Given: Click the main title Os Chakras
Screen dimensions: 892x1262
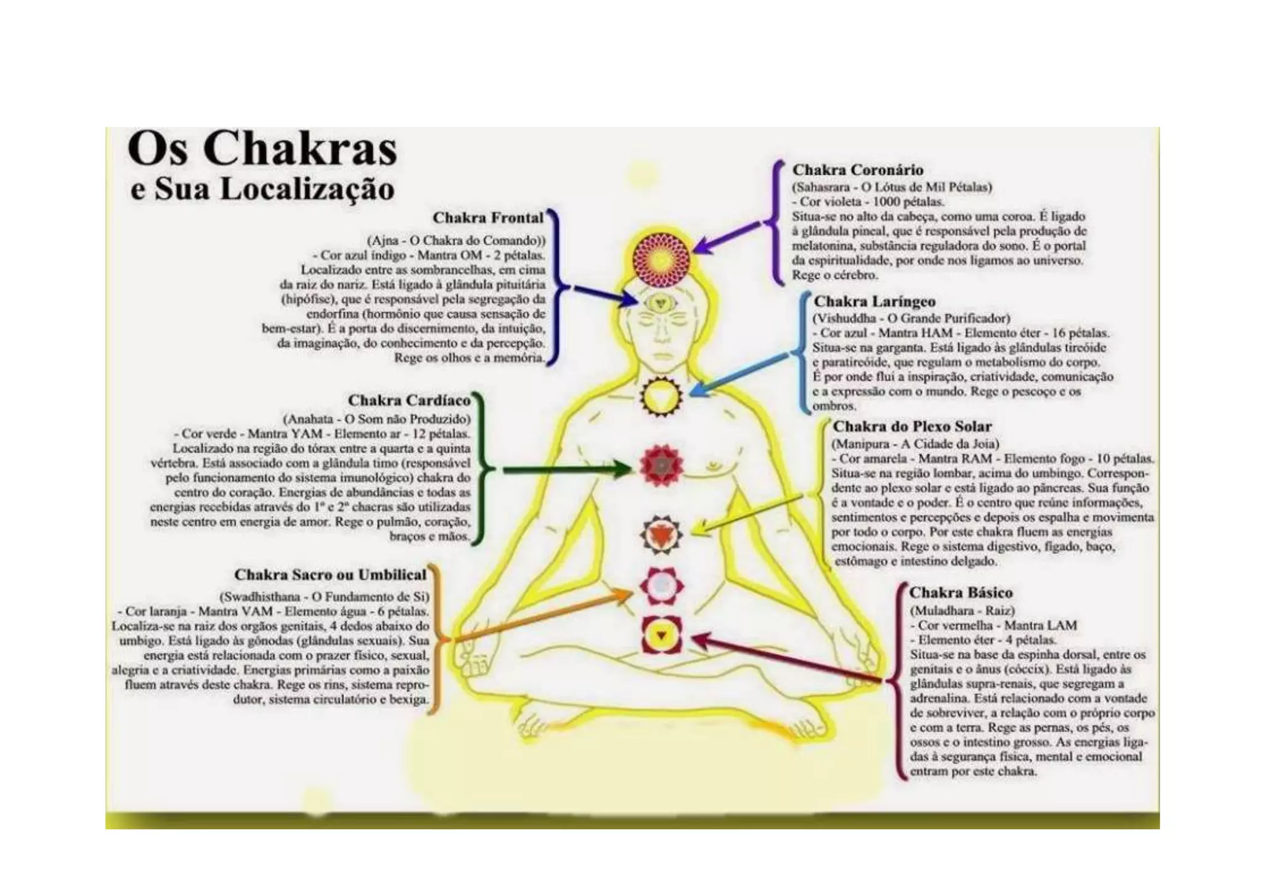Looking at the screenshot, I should [263, 148].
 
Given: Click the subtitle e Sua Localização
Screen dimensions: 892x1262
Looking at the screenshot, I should [262, 189].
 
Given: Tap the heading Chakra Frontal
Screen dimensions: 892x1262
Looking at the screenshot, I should [488, 218].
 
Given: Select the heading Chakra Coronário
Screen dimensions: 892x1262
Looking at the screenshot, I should [858, 170].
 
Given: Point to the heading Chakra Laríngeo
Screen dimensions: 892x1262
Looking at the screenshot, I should [874, 302].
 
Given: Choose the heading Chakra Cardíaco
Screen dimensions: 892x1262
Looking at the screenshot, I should [409, 401].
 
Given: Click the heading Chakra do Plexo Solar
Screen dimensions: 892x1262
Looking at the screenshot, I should [912, 427].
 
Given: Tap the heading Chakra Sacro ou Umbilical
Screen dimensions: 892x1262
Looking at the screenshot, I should [330, 575].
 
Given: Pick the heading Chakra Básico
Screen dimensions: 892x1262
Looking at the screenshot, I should [961, 593].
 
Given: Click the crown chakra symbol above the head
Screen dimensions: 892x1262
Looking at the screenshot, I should [662, 257].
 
